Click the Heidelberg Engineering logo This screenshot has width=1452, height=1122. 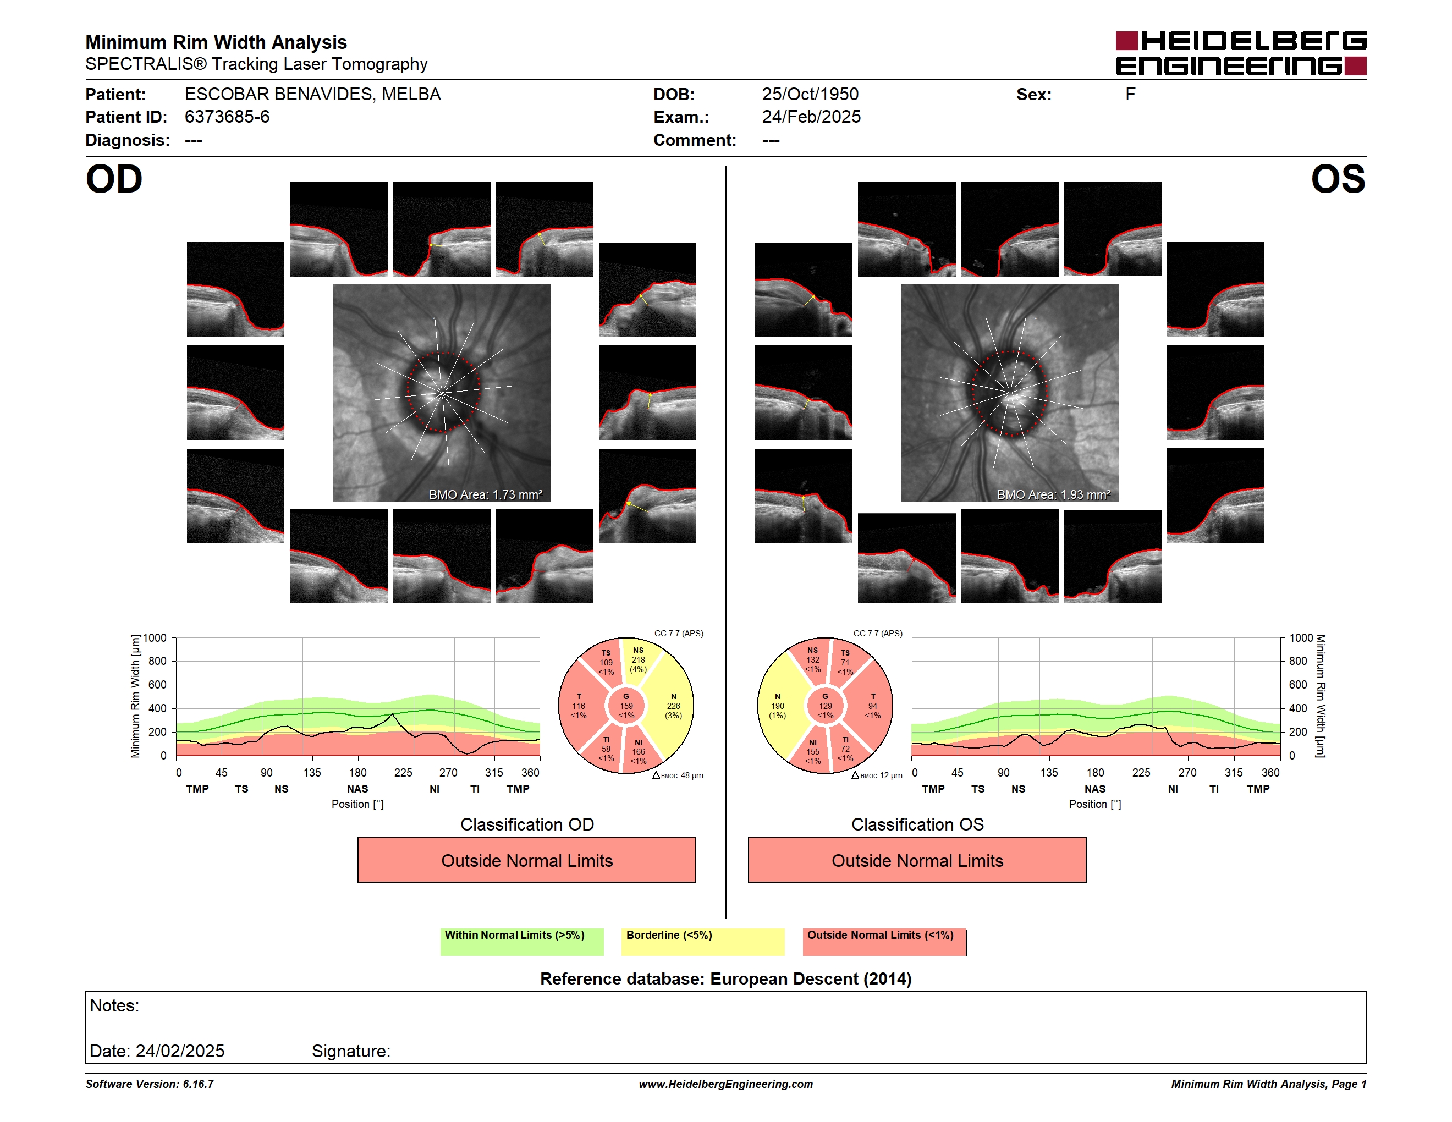pyautogui.click(x=1241, y=53)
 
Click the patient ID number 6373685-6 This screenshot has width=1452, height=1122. pyautogui.click(x=227, y=117)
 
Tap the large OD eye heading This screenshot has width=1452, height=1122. pyautogui.click(x=114, y=179)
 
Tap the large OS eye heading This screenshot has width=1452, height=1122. pyautogui.click(x=1338, y=179)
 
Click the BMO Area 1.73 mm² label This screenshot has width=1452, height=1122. pyautogui.click(x=485, y=494)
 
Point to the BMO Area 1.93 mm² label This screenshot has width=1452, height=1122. pyautogui.click(x=1054, y=494)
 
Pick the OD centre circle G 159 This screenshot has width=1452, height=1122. pyautogui.click(x=626, y=706)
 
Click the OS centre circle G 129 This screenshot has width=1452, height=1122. pyautogui.click(x=825, y=706)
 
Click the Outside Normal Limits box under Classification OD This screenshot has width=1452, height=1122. pyautogui.click(x=526, y=860)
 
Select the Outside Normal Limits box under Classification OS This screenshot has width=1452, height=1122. pyautogui.click(x=917, y=860)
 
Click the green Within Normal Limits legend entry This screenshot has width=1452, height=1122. pyautogui.click(x=522, y=942)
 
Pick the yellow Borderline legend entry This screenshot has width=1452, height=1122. pyautogui.click(x=703, y=942)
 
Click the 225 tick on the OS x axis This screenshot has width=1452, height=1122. pyautogui.click(x=1141, y=772)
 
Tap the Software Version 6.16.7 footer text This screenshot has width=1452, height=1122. pyautogui.click(x=150, y=1084)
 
